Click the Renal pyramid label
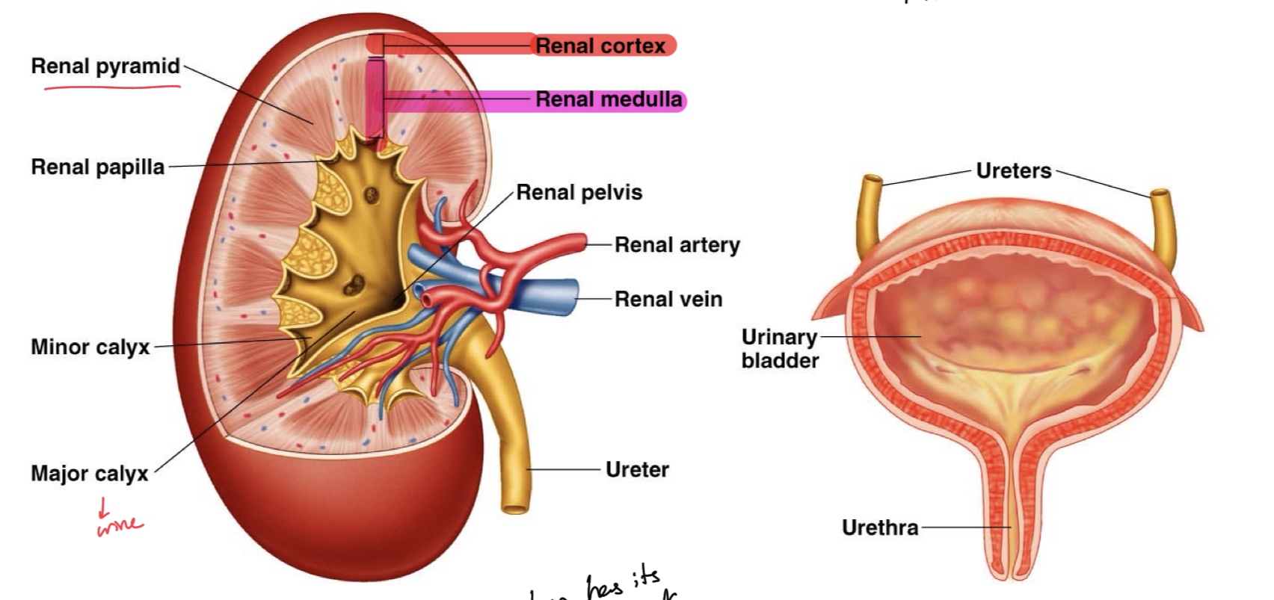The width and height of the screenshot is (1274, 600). click(x=105, y=67)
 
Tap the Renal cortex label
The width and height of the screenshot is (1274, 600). click(x=600, y=46)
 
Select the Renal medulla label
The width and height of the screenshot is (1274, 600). click(x=609, y=99)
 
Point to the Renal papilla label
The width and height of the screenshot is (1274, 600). click(x=97, y=167)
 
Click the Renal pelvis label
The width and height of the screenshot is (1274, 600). click(x=579, y=193)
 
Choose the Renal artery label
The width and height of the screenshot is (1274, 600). click(x=677, y=245)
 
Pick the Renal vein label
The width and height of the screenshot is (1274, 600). click(x=668, y=300)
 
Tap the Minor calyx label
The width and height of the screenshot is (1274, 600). click(x=90, y=347)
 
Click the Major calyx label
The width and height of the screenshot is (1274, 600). click(x=89, y=474)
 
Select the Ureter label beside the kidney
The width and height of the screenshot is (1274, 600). click(x=637, y=470)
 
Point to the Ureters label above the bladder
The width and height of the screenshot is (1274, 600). click(x=1013, y=171)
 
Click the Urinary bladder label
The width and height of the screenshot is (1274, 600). click(x=779, y=349)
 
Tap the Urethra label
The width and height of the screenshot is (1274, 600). click(x=879, y=528)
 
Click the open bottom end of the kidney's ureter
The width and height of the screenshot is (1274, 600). click(x=514, y=509)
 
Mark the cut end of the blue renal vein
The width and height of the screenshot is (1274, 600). click(x=574, y=292)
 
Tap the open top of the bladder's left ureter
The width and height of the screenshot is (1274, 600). click(x=873, y=180)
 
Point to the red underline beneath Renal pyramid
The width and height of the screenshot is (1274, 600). click(x=112, y=87)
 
